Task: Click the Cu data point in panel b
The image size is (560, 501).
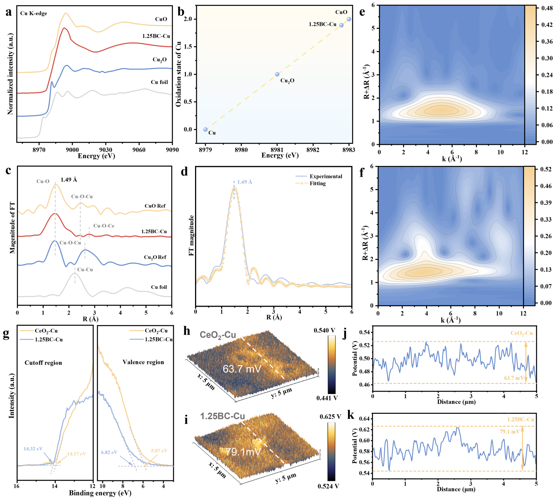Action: click(205, 129)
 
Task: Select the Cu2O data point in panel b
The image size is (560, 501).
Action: click(277, 74)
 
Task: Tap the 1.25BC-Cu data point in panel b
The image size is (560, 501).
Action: click(341, 25)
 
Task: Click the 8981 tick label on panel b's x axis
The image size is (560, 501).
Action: click(277, 150)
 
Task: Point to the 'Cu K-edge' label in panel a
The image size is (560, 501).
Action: click(34, 13)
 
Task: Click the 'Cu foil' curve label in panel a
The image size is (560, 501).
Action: click(159, 82)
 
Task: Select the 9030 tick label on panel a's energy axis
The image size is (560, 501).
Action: click(106, 150)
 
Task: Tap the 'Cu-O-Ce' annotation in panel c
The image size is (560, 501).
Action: click(104, 226)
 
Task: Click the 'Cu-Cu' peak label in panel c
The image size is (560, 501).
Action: click(85, 269)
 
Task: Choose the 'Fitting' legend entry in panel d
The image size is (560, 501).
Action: click(318, 183)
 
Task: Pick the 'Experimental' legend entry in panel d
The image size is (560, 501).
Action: click(325, 176)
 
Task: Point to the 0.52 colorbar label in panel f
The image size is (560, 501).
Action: click(546, 169)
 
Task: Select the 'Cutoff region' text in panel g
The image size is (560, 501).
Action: click(43, 362)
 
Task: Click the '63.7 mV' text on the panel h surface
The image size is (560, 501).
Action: click(242, 369)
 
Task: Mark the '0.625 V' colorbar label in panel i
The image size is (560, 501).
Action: click(330, 416)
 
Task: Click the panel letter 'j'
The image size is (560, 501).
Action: click(344, 334)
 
